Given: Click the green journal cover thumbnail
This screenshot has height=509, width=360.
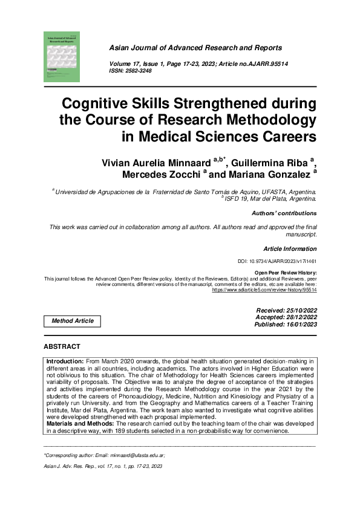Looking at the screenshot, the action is (x=62, y=57).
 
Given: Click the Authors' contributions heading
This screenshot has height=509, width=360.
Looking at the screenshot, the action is (x=284, y=213).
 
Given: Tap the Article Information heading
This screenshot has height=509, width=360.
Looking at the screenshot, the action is (x=290, y=248).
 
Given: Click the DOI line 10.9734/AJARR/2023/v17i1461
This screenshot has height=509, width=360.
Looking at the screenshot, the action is (x=278, y=262).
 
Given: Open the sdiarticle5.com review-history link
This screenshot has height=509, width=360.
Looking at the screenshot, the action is (x=264, y=290).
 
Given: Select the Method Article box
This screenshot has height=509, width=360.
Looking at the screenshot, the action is (x=73, y=321).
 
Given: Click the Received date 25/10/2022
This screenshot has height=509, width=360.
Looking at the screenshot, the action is (x=300, y=310).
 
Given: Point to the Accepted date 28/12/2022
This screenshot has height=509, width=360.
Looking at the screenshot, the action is (x=300, y=317).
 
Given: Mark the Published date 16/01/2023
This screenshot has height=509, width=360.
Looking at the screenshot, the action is (x=300, y=325).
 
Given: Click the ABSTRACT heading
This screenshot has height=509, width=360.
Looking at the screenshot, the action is (x=62, y=347).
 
